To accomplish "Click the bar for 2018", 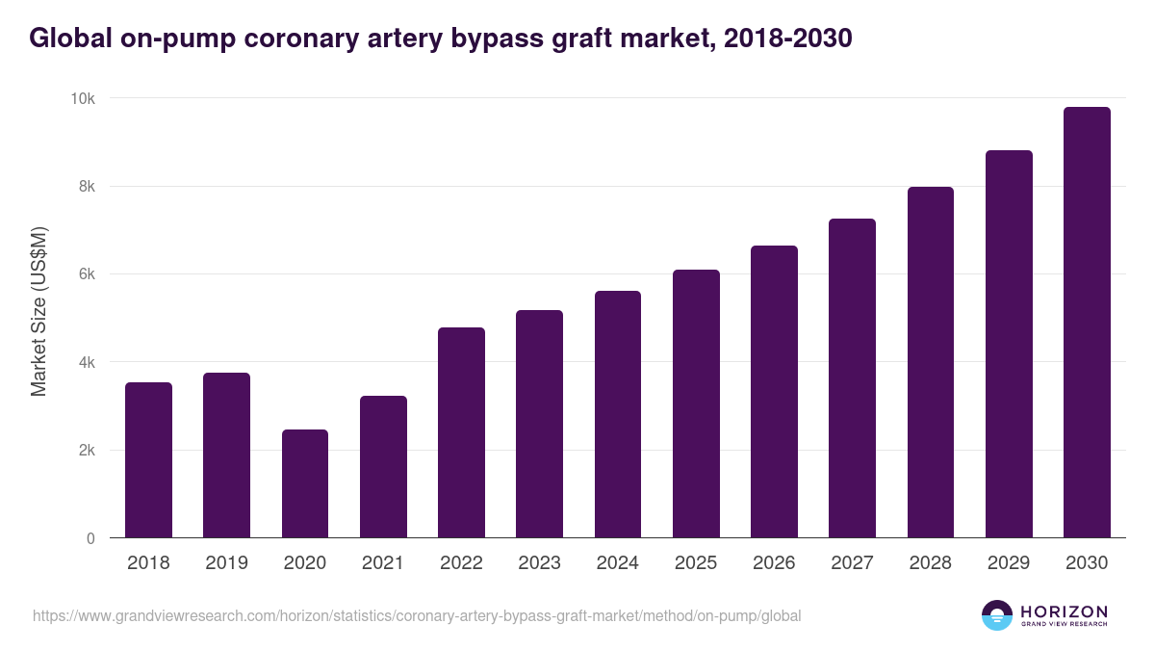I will point(148,460).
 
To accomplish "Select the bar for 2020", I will point(305,483).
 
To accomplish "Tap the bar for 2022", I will point(461,432).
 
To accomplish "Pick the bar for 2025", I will point(696,403).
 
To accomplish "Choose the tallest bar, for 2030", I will point(1087,323).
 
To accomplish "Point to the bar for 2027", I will point(852,378).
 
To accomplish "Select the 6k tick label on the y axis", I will point(87,274).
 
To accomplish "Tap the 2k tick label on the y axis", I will point(87,451).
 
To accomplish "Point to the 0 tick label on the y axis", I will point(90,538).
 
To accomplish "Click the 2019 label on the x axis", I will point(226,562).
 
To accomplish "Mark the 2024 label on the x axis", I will point(617,562).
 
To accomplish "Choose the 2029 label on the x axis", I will point(1009,562).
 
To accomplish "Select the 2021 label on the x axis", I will point(383,562).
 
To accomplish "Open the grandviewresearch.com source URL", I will point(417,615).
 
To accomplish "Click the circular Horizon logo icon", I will point(997,615).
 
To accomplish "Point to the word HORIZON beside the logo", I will point(1064,611).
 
